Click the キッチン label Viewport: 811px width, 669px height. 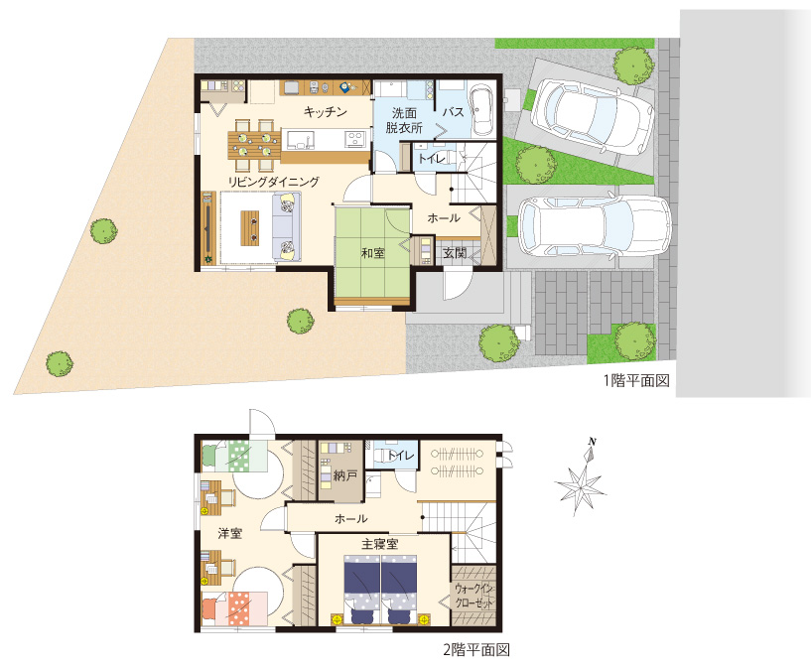click(x=325, y=111)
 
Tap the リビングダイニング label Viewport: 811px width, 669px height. click(x=274, y=182)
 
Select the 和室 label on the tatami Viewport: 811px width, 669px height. click(x=373, y=253)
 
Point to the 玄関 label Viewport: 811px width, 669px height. click(x=455, y=253)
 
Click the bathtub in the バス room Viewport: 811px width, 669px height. click(x=482, y=108)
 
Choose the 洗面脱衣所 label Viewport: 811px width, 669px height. click(x=404, y=120)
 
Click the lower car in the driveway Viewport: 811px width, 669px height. click(x=595, y=226)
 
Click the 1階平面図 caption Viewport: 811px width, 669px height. click(x=636, y=380)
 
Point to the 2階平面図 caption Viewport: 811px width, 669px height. click(x=476, y=649)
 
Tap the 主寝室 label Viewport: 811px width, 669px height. click(x=379, y=544)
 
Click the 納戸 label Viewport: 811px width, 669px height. click(x=345, y=475)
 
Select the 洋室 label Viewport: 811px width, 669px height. click(x=229, y=533)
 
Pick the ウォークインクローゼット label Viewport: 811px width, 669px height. click(x=474, y=597)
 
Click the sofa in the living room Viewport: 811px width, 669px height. click(x=287, y=226)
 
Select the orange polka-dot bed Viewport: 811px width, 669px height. click(x=234, y=609)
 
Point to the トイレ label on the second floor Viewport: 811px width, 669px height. click(x=401, y=456)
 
